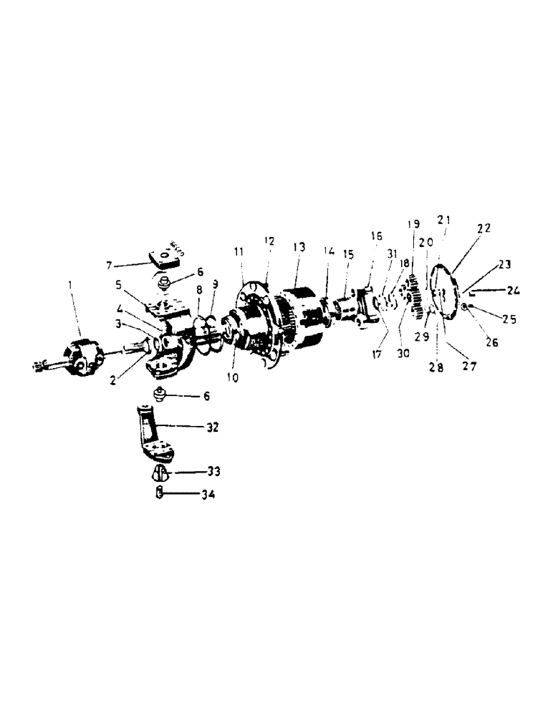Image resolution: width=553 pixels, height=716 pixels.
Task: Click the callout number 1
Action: tap(69, 285)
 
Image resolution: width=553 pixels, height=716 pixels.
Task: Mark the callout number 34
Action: tap(208, 494)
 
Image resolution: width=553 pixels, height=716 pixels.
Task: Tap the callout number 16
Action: tap(377, 236)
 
